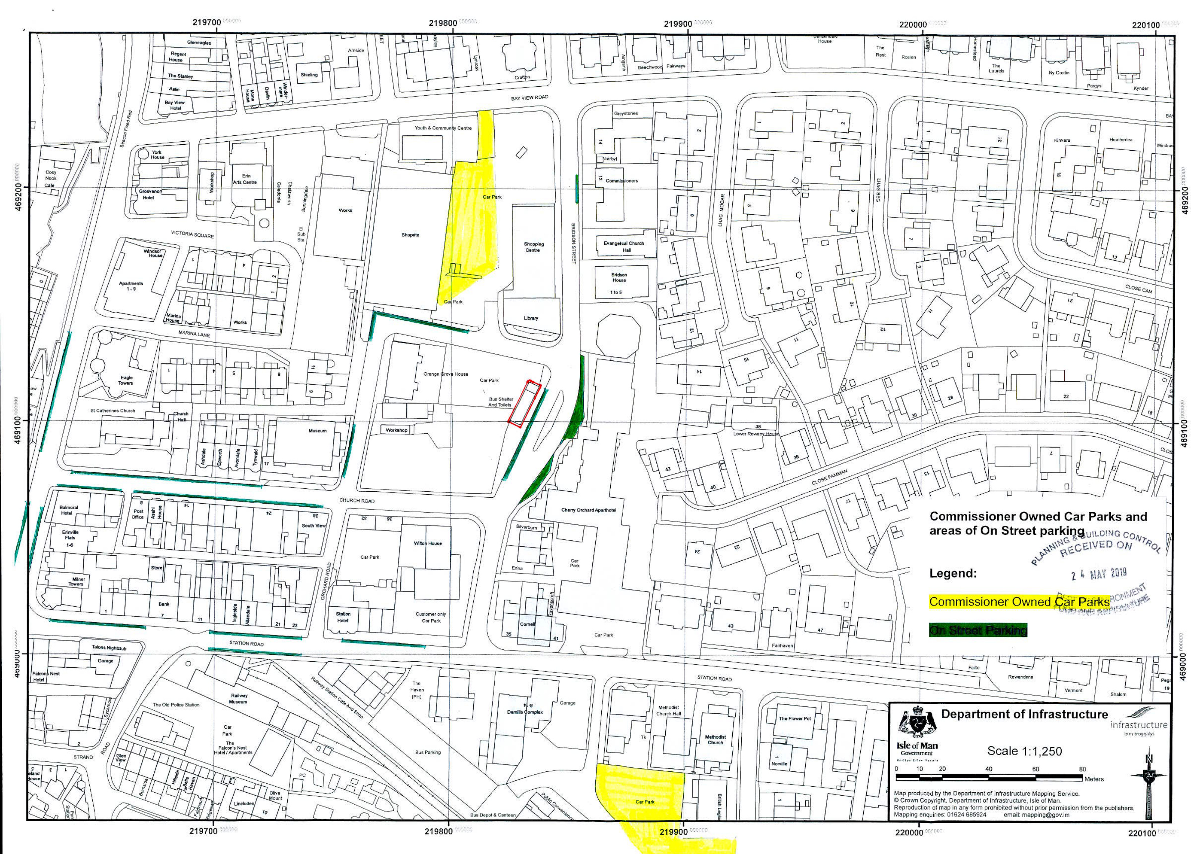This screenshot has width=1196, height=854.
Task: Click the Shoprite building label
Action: coord(410,235)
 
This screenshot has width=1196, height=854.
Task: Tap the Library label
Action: coord(531,318)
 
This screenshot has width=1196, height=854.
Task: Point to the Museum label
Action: coord(317,431)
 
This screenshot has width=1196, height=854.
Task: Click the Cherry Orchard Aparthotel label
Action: coord(589,510)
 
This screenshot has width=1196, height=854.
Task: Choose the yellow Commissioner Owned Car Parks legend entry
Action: coord(1019,601)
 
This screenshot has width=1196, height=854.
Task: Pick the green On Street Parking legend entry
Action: coord(978,630)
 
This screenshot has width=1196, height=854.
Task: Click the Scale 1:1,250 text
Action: coord(1024,751)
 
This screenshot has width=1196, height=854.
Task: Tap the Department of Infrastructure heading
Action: coord(1024,714)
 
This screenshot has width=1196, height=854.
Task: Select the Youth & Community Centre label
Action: coord(443,128)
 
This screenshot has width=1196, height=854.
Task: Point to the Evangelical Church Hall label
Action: coord(624,247)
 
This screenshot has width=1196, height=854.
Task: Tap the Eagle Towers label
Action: coord(126,380)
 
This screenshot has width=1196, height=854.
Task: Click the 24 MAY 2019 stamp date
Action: coord(1098,573)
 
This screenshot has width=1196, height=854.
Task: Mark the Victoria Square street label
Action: coord(192,234)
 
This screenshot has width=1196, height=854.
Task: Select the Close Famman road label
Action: coord(829,478)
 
